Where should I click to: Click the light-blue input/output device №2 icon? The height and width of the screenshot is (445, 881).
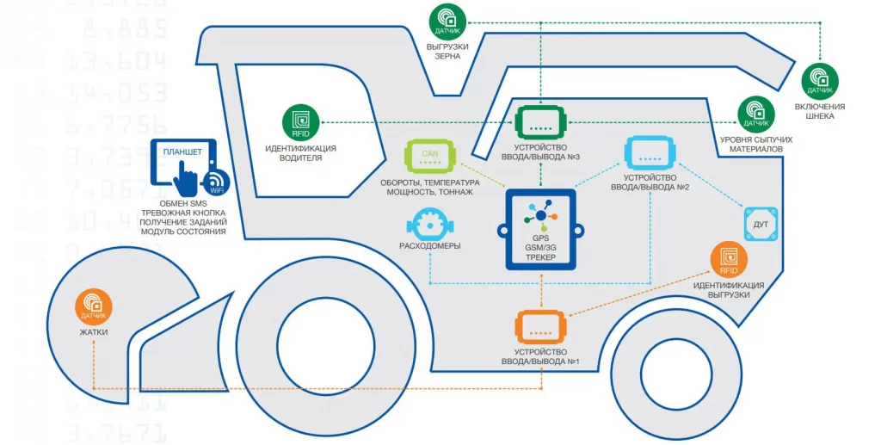pyautogui.click(x=648, y=152)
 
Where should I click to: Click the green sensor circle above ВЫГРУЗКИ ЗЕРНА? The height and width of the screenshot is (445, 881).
pyautogui.click(x=447, y=20)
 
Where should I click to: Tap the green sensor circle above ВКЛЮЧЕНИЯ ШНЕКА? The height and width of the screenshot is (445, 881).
pyautogui.click(x=820, y=80)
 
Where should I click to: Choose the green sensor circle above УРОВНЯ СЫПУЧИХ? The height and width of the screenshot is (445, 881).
pyautogui.click(x=756, y=113)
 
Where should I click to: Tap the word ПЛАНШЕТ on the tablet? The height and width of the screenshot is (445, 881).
pyautogui.click(x=182, y=152)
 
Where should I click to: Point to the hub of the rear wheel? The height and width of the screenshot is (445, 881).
pyautogui.click(x=674, y=372)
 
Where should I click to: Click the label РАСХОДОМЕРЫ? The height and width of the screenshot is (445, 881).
pyautogui.click(x=429, y=246)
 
